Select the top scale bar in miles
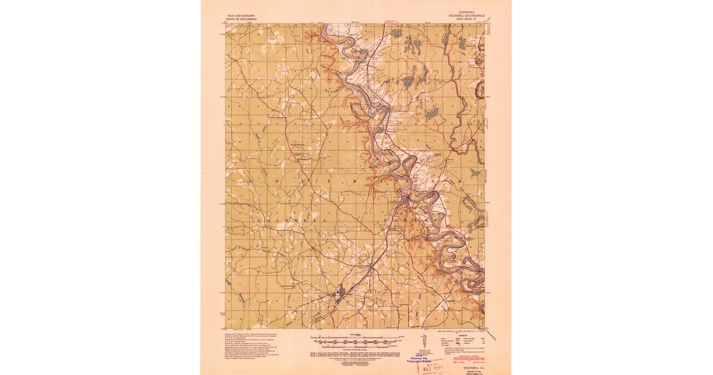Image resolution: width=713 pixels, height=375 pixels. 356,337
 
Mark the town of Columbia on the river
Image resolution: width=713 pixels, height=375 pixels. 405,201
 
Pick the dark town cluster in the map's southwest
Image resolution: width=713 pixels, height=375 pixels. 339,293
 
